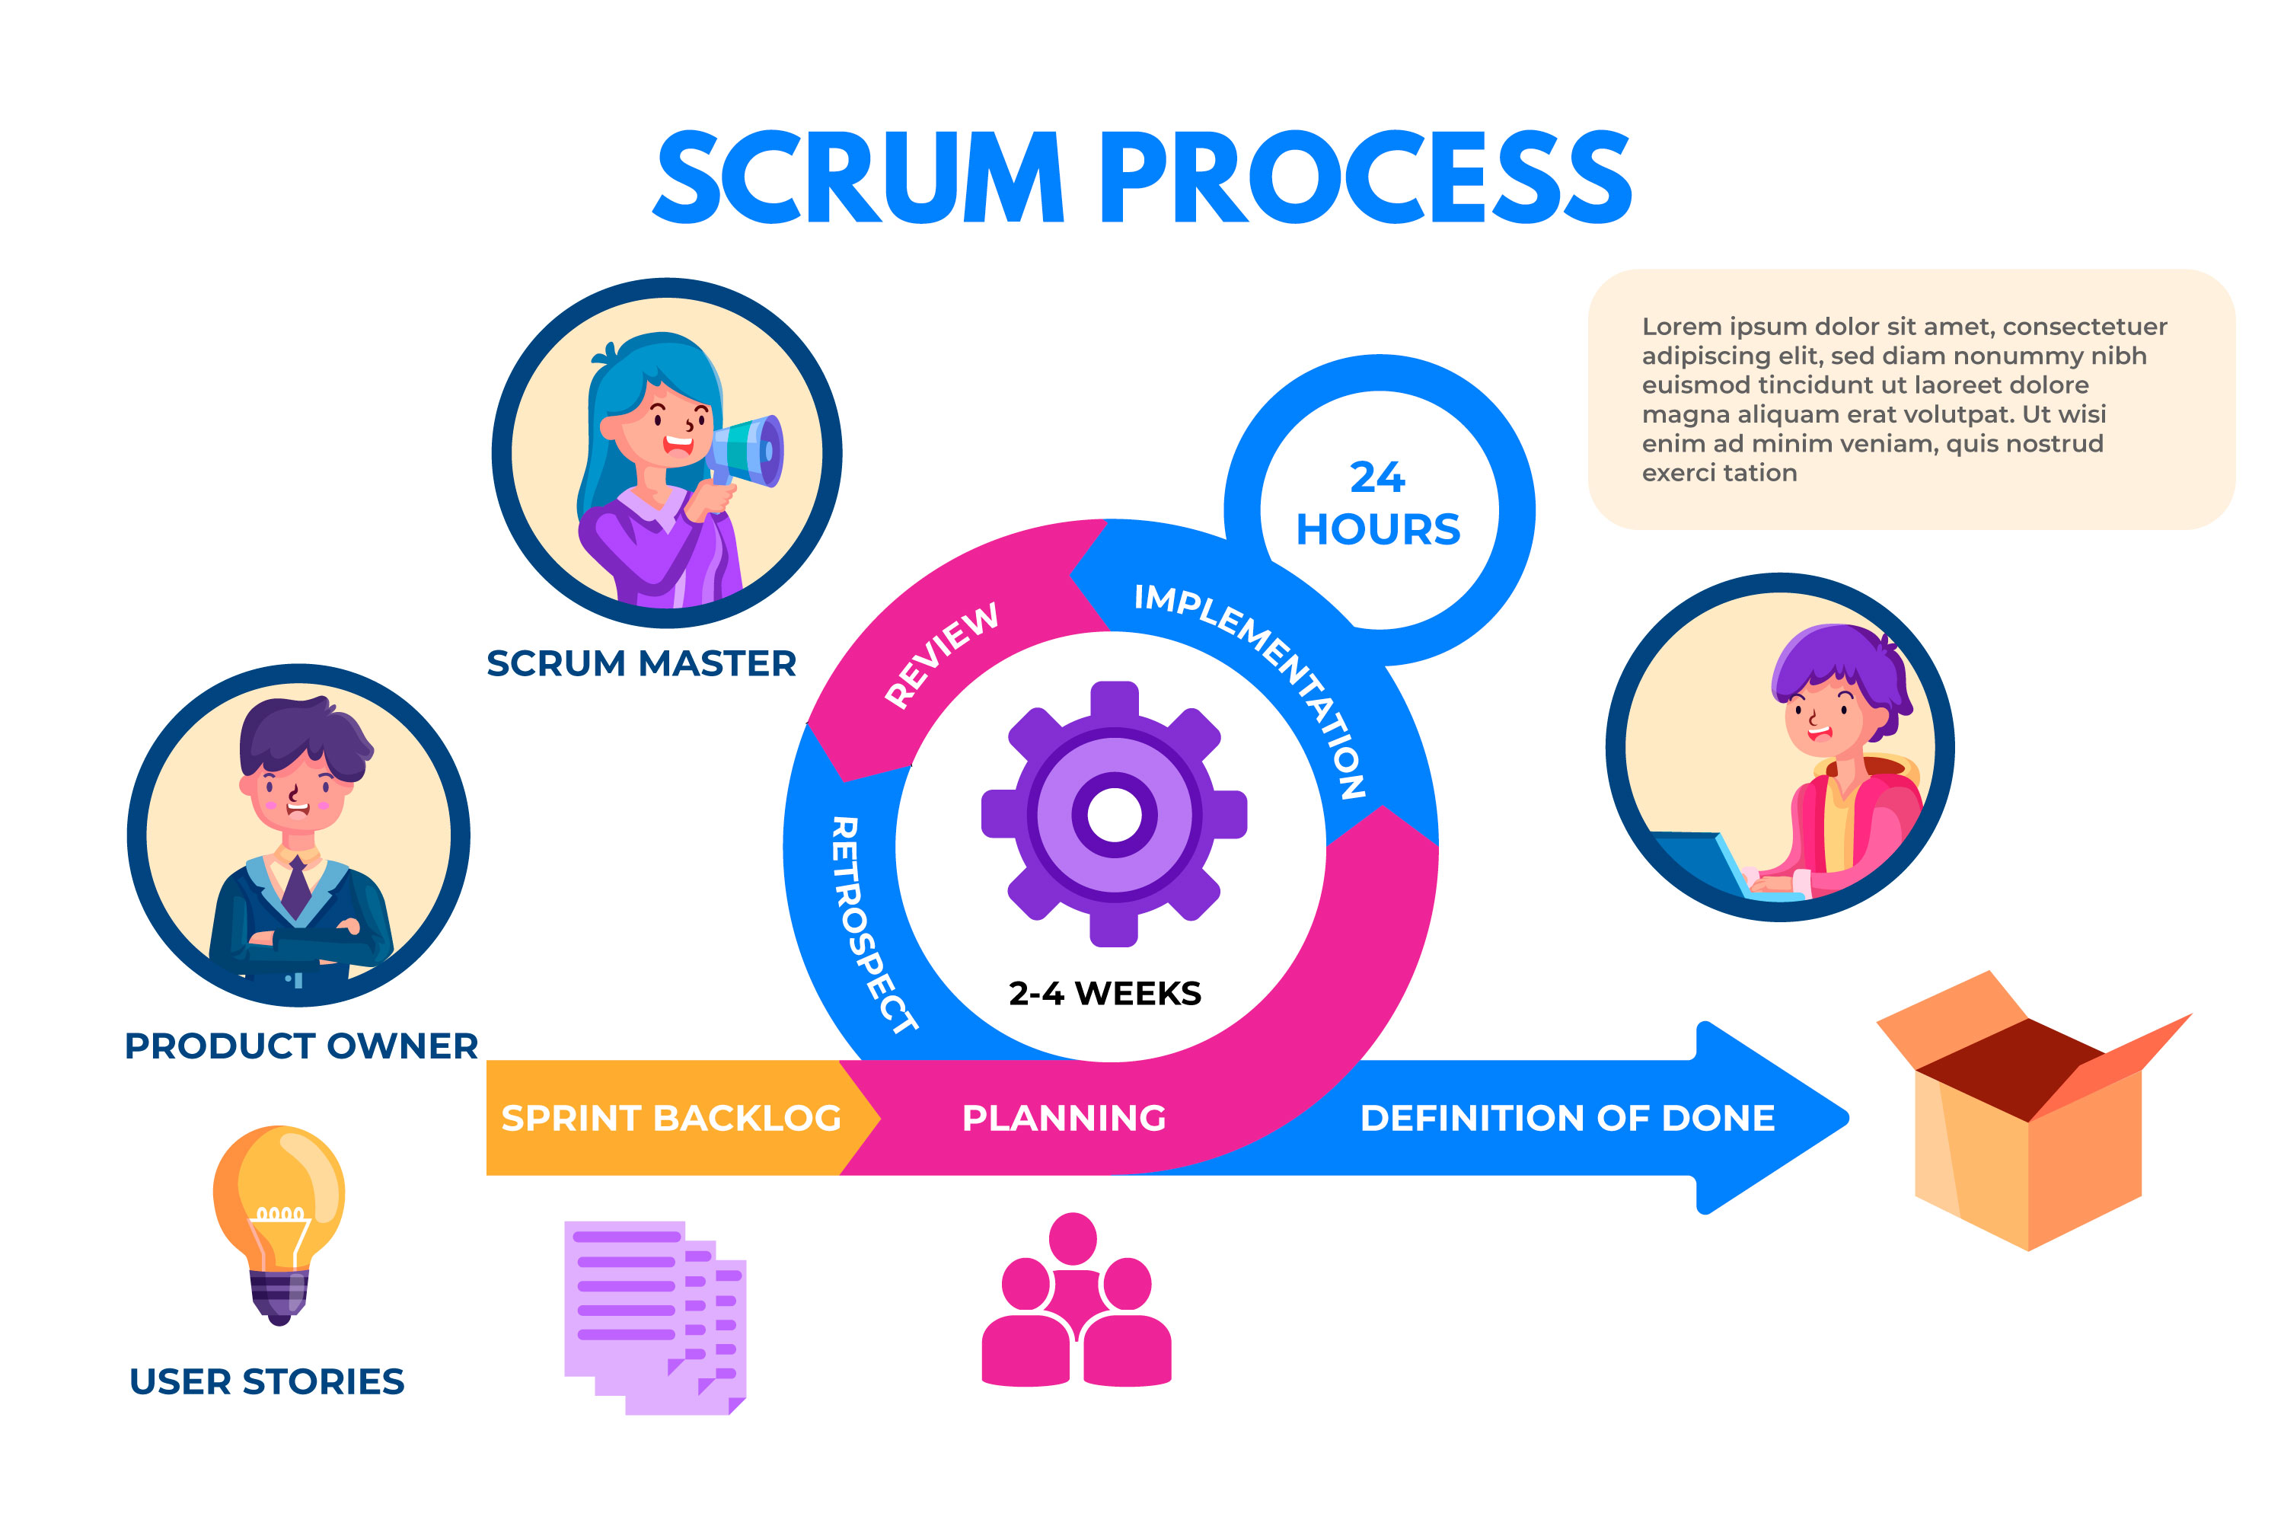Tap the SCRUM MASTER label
[x=641, y=663]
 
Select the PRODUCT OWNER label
[x=301, y=1046]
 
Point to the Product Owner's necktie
[x=296, y=886]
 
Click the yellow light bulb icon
[x=279, y=1219]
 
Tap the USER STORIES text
[x=267, y=1381]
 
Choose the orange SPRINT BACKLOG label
[x=670, y=1118]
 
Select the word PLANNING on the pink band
[x=1064, y=1118]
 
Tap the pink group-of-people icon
[x=1076, y=1301]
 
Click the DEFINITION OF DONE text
[x=1566, y=1118]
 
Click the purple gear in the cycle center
[x=1114, y=814]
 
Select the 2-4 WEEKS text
[x=1105, y=994]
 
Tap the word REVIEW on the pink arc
[x=941, y=655]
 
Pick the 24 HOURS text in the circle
[x=1378, y=504]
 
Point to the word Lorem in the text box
[x=1681, y=327]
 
